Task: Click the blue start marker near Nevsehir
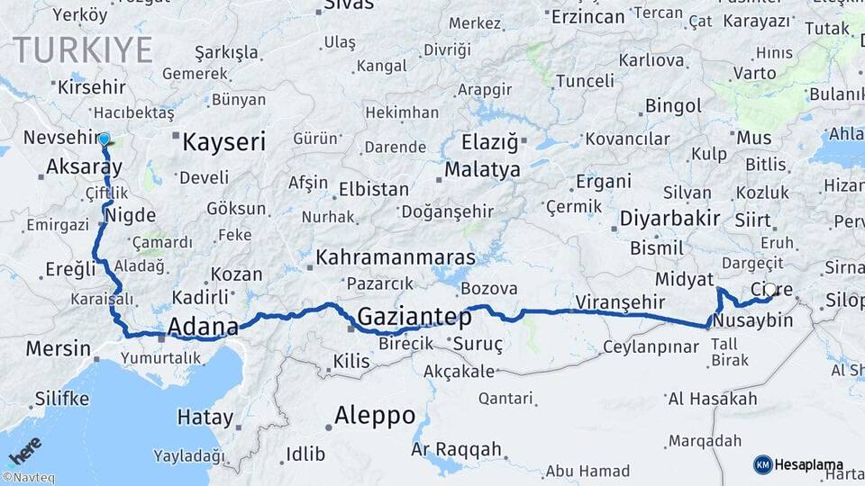coord(105,139)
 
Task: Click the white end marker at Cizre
coord(770,290)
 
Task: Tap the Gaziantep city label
coord(414,317)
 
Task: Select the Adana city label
coord(203,325)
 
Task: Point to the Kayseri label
coord(223,142)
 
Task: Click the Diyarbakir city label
coord(669,218)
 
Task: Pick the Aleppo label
coord(374,416)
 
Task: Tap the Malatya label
coord(482,169)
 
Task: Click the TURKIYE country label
coord(82,49)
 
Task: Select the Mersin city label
coord(58,348)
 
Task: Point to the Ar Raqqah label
coord(456,448)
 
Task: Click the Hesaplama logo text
coord(809,464)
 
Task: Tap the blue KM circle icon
coord(762,464)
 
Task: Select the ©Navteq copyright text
coord(28,478)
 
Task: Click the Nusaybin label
coord(752,320)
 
